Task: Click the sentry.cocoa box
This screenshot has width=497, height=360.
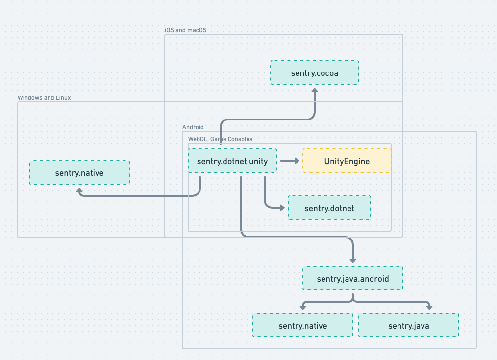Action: tap(315, 72)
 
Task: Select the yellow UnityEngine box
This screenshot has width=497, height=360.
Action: tap(347, 161)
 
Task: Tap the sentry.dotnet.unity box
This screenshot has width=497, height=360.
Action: tap(232, 161)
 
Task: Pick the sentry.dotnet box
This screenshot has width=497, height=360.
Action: tap(329, 208)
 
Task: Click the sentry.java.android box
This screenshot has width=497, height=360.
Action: tap(353, 278)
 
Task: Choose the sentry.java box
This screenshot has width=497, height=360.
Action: tap(409, 325)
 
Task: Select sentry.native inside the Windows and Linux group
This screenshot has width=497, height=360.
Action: tap(79, 172)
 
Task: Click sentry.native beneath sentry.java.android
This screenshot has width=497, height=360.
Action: tap(302, 325)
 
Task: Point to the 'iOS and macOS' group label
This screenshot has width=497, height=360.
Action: tap(186, 30)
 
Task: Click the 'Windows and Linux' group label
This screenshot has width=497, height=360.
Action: tap(44, 98)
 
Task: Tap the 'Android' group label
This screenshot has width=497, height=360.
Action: tap(193, 127)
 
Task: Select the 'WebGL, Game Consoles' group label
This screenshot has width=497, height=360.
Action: tap(220, 139)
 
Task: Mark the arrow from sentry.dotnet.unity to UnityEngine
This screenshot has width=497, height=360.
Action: tap(290, 161)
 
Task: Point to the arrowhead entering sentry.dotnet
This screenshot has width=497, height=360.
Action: tap(282, 208)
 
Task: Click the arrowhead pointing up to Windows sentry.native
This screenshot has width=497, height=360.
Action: tap(79, 190)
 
